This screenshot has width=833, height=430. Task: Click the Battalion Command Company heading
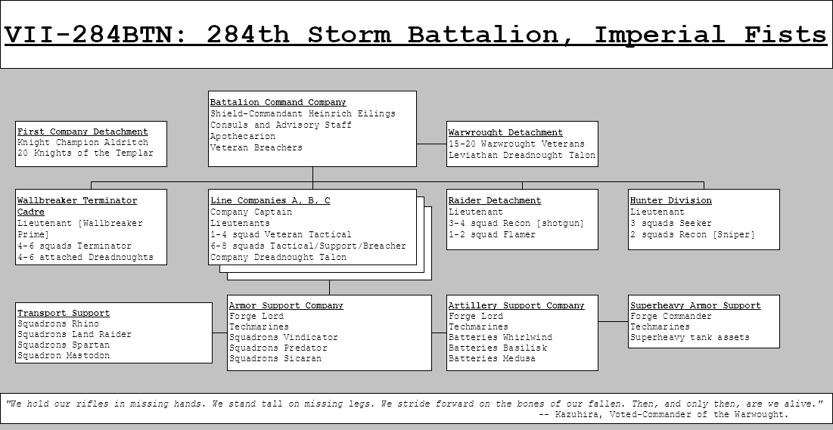(x=278, y=102)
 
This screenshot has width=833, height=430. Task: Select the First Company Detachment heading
(x=82, y=131)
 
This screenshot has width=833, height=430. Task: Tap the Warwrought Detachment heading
(x=505, y=132)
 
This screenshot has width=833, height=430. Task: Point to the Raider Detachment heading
(x=494, y=200)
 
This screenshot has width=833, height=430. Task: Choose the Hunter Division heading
(x=670, y=200)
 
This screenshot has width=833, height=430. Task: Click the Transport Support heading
(x=64, y=313)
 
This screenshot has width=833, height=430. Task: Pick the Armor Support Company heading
(x=286, y=305)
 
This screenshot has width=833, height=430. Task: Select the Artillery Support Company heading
(x=516, y=305)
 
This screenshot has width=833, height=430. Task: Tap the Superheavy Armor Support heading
(x=695, y=305)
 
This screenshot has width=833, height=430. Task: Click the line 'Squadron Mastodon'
(x=64, y=355)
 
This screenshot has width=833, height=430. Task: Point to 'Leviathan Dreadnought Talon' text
(x=522, y=155)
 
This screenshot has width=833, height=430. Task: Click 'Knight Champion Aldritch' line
(x=82, y=142)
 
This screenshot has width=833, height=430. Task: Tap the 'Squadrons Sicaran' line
(x=275, y=358)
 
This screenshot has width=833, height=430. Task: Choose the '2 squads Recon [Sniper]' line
(x=692, y=234)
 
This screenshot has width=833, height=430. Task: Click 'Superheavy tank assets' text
(x=689, y=337)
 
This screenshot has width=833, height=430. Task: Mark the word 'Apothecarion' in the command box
(x=243, y=136)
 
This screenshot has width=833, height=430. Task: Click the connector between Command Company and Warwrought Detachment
(x=431, y=144)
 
